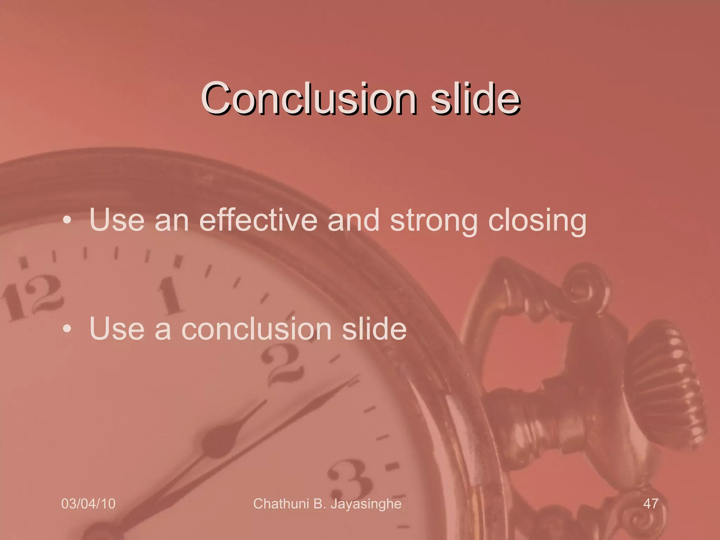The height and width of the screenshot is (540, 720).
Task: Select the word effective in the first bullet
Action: tap(258, 220)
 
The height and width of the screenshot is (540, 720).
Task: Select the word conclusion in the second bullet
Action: tap(256, 329)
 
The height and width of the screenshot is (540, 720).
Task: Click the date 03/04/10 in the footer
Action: tap(88, 503)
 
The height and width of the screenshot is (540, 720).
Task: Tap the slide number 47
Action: tap(650, 503)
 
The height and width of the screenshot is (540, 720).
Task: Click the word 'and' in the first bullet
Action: tap(353, 220)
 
